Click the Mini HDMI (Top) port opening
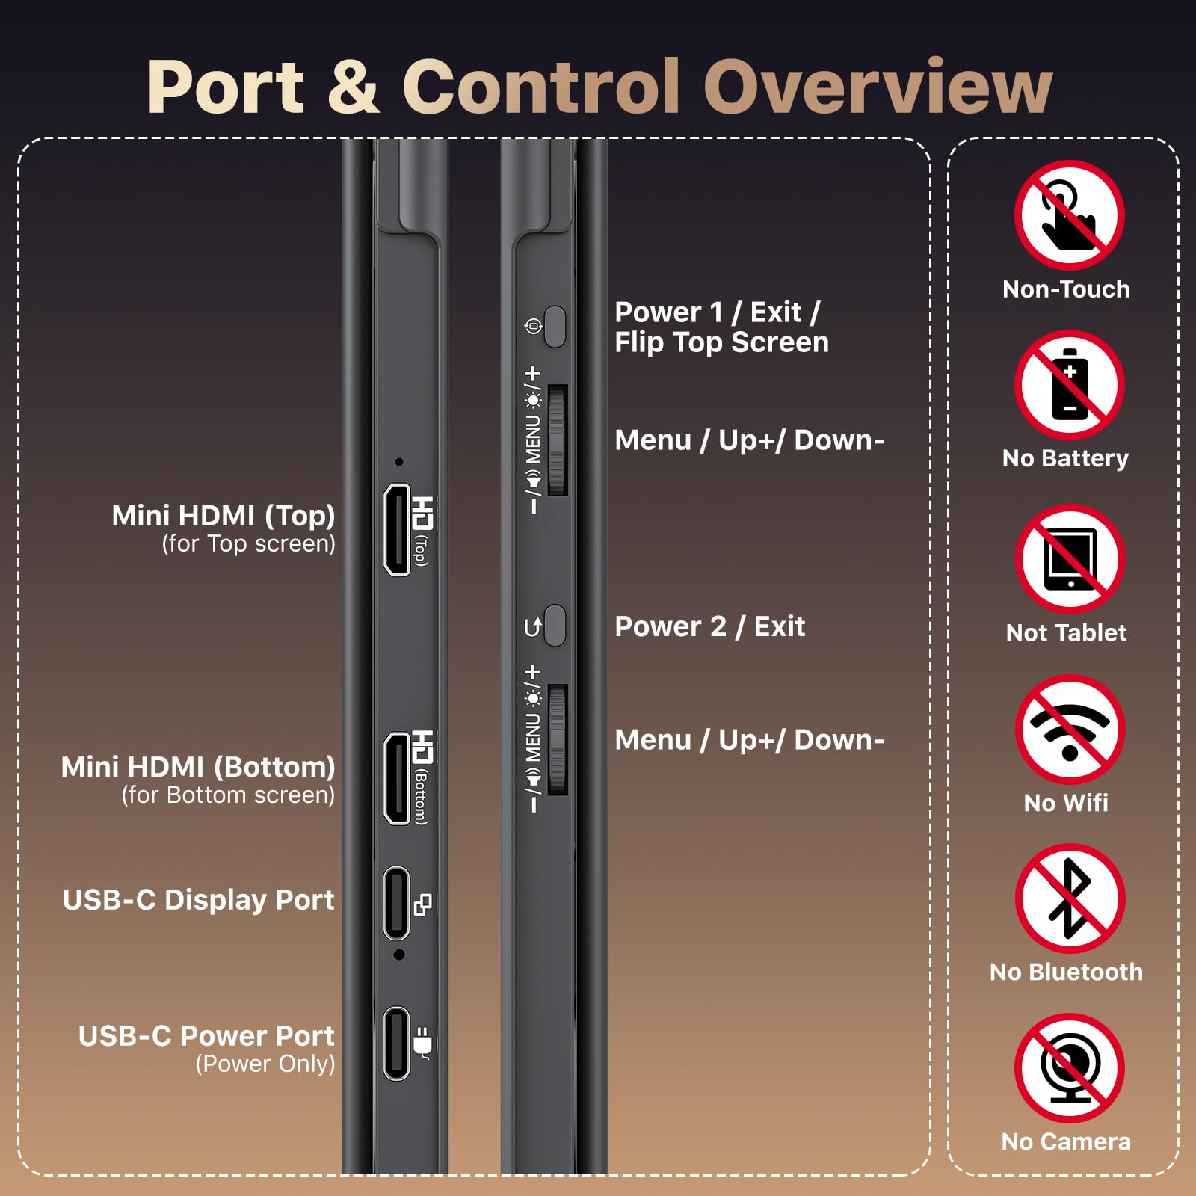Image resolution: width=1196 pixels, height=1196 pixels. pyautogui.click(x=397, y=530)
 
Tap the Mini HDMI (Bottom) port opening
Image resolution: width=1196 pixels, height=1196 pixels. pyautogui.click(x=397, y=778)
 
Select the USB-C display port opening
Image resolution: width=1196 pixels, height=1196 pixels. pyautogui.click(x=397, y=903)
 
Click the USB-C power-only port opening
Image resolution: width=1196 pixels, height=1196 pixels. pyautogui.click(x=397, y=1044)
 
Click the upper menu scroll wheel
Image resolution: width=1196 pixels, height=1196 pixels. pyautogui.click(x=558, y=440)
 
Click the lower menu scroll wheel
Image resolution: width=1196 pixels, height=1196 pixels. pyautogui.click(x=558, y=740)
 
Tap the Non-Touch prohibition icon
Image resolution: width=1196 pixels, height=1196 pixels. pyautogui.click(x=1070, y=215)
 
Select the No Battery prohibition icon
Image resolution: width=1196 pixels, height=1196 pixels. pyautogui.click(x=1070, y=385)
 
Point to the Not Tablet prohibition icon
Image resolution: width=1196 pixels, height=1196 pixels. pyautogui.click(x=1070, y=559)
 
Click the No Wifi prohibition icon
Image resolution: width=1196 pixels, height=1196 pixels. pyautogui.click(x=1070, y=730)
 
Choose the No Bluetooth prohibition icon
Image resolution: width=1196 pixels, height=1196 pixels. pyautogui.click(x=1070, y=898)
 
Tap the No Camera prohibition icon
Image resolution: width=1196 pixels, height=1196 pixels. pyautogui.click(x=1070, y=1068)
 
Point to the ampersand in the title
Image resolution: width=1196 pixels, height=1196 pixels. pyautogui.click(x=354, y=87)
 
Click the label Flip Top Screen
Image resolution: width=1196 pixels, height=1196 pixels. pyautogui.click(x=721, y=342)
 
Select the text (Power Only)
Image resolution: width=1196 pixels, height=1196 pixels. pyautogui.click(x=265, y=1064)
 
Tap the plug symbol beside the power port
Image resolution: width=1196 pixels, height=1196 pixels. pyautogui.click(x=423, y=1043)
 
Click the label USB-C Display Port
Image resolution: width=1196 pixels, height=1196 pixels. pyautogui.click(x=198, y=900)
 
